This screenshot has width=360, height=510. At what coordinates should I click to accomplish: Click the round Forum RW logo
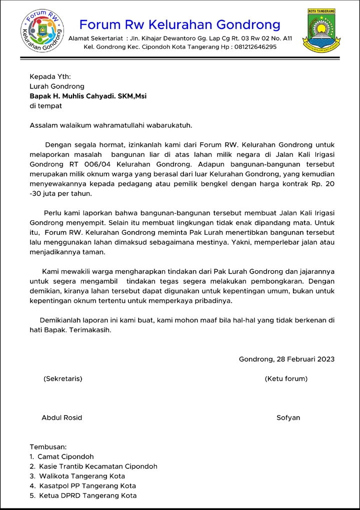click(43, 31)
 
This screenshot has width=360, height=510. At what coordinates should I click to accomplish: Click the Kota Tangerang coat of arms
click(322, 31)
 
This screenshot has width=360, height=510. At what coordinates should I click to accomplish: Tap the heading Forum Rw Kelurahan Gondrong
click(180, 24)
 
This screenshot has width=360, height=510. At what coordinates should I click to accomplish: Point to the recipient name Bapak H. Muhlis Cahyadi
click(88, 96)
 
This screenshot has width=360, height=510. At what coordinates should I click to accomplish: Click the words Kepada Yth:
click(50, 76)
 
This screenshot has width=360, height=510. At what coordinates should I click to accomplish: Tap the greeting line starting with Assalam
click(111, 125)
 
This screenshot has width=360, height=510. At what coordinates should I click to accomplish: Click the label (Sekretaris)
click(63, 379)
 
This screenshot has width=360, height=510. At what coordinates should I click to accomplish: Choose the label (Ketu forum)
click(286, 379)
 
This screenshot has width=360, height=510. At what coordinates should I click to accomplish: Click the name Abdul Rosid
click(62, 418)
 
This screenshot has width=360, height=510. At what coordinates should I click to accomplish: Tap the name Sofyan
click(288, 418)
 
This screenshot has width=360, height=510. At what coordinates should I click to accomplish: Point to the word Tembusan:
click(48, 447)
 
